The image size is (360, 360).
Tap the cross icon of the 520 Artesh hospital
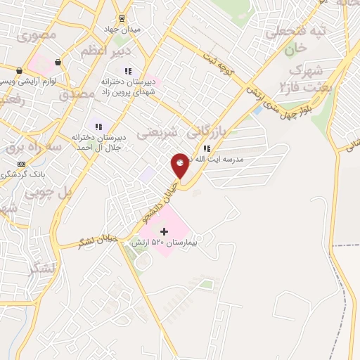pos(165,231)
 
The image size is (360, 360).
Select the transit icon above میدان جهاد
pos(122,18)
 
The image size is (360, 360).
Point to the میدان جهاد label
pos(127,29)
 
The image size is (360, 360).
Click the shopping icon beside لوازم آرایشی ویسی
pos(20,70)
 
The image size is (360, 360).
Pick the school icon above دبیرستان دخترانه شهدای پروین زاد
pos(128,71)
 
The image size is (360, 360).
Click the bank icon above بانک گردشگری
pos(21,163)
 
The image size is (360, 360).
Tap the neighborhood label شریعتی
pos(153,131)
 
